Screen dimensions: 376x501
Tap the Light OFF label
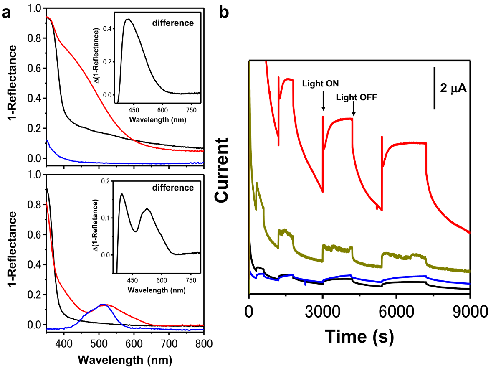pos(357,97)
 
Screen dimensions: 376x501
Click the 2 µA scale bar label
pos(453,88)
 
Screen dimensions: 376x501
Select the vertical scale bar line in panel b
pos(435,88)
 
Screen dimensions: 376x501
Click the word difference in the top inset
pos(177,23)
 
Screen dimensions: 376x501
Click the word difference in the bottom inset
pos(177,188)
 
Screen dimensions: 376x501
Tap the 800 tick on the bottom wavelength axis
pos(203,343)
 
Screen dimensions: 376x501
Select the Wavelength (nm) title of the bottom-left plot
pos(125,359)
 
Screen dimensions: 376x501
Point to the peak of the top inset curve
pos(128,19)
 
